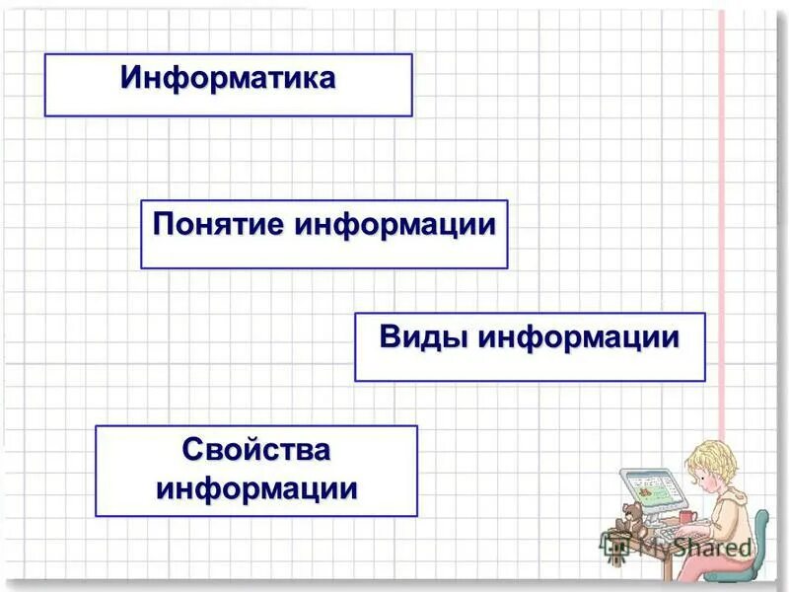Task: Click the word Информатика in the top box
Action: tap(228, 78)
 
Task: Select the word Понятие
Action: tap(218, 224)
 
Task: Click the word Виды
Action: tap(425, 337)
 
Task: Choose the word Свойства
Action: tap(256, 450)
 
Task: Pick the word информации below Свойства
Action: tap(256, 488)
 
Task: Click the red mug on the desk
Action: tap(686, 517)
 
